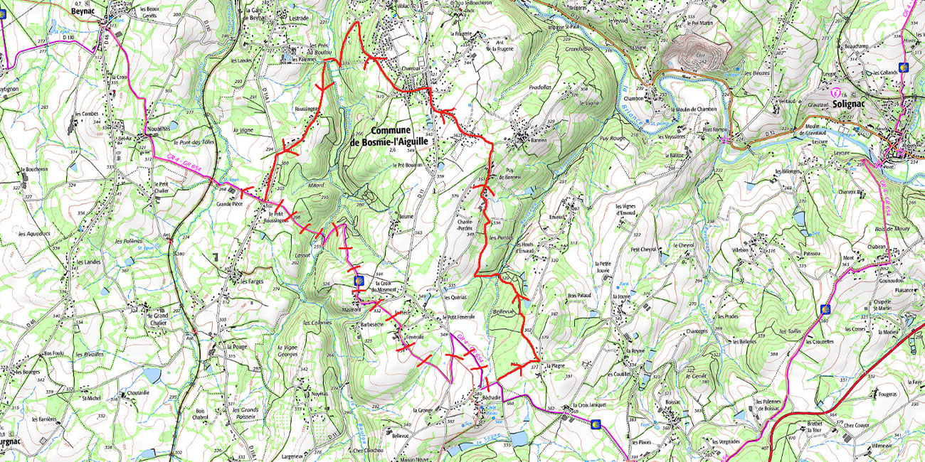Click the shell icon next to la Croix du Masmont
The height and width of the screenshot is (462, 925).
[359, 280]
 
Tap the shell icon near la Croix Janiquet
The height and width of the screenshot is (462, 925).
[596, 424]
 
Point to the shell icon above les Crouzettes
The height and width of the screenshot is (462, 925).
[825, 309]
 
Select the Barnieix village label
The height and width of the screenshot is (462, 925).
[541, 141]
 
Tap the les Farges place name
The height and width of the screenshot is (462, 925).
[251, 280]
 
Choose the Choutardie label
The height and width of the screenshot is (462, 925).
[137, 392]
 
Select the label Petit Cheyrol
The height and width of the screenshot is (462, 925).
[643, 249]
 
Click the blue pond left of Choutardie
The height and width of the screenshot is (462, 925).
[152, 374]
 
